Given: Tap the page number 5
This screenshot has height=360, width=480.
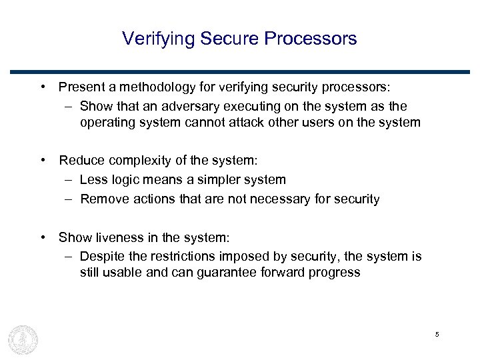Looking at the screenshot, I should point(437,334).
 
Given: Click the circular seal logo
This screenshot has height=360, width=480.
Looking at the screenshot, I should point(23,339).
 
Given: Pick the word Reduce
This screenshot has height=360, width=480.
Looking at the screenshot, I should point(79,161).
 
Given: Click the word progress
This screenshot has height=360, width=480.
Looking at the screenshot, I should point(337,273).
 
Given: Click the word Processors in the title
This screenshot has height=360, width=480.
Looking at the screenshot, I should point(311,39).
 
